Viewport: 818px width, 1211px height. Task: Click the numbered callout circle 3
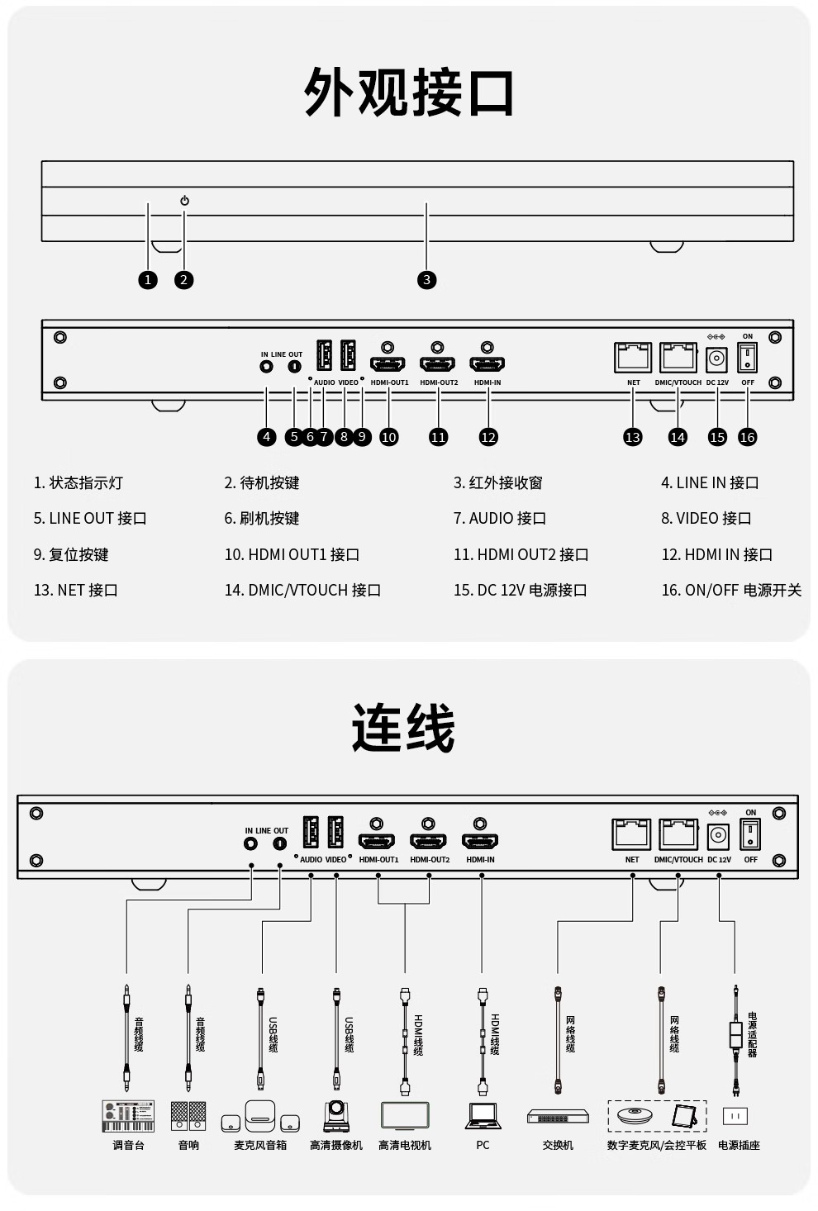point(426,280)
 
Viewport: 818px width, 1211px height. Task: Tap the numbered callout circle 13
point(633,437)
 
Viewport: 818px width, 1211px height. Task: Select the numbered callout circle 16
point(747,437)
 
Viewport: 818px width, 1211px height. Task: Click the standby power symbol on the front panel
point(184,201)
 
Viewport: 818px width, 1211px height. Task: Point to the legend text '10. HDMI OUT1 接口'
point(292,554)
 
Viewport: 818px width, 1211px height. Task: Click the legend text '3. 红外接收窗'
point(497,482)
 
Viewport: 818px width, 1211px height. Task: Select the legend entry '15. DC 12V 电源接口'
point(520,590)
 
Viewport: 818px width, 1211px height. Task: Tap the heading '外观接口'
point(409,93)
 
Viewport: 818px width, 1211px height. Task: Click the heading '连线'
point(403,728)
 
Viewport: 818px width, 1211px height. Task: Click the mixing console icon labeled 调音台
point(128,1115)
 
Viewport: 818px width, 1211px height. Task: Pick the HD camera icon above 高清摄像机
point(336,1115)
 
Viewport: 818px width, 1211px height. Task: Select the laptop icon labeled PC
point(483,1115)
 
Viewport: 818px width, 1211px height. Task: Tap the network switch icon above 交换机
point(558,1117)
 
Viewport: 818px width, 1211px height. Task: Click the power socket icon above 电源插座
point(735,1116)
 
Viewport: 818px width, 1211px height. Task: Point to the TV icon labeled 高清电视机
point(405,1115)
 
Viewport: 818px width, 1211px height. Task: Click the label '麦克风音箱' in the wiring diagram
point(260,1145)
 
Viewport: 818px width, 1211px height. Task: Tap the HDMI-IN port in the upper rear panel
point(487,363)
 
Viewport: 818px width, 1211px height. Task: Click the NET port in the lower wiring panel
point(631,834)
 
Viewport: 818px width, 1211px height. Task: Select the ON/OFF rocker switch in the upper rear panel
point(748,358)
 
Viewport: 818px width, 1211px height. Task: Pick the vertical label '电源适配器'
point(752,1034)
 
